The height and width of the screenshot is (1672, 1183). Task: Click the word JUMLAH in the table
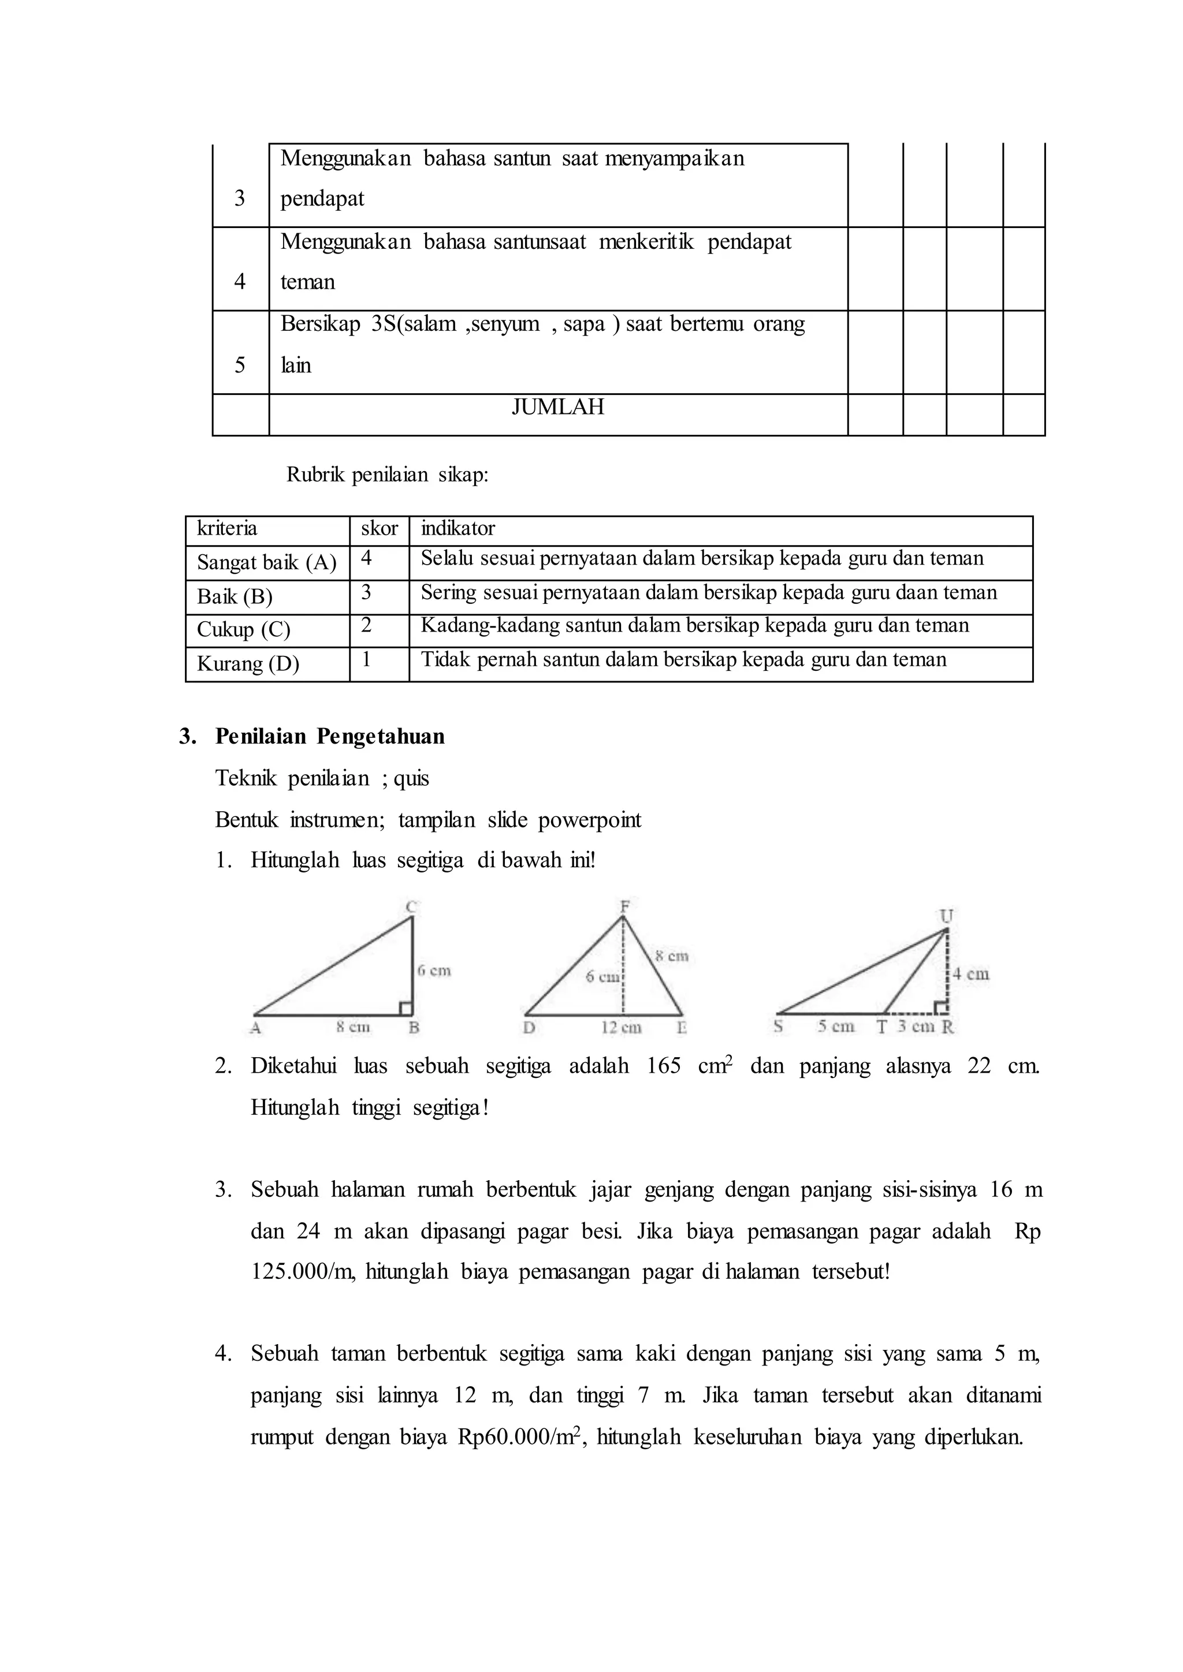click(x=557, y=406)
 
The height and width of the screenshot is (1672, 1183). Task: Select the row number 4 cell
click(x=240, y=281)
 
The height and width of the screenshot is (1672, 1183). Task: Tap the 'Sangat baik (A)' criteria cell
click(x=267, y=562)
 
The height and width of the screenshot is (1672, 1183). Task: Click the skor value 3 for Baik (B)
click(x=366, y=593)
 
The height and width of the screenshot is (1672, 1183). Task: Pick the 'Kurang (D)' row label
click(x=248, y=663)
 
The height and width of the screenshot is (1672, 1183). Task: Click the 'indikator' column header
click(x=457, y=528)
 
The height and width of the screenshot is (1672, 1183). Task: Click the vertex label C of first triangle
click(x=411, y=906)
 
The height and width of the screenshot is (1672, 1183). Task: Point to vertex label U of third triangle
click(x=946, y=915)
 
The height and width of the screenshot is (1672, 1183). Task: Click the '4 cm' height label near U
click(x=971, y=973)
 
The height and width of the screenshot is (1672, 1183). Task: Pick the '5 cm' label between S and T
click(x=835, y=1026)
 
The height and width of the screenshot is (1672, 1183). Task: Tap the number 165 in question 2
click(x=663, y=1066)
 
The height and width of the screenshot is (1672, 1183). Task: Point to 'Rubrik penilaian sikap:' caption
click(x=387, y=475)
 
